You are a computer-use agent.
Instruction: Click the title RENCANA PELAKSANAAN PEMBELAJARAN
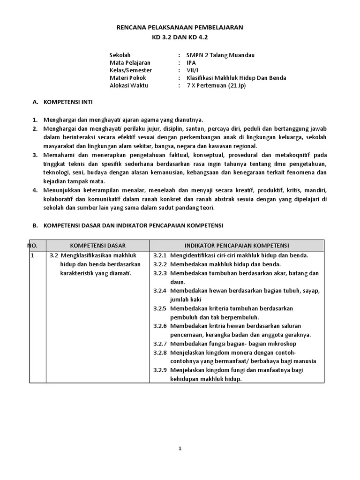(x=180, y=28)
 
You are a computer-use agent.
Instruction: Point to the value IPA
(x=191, y=63)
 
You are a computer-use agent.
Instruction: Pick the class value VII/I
(x=192, y=70)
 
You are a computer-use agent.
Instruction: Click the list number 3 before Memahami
(x=35, y=155)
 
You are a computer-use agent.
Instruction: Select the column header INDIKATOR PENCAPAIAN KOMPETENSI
(x=236, y=246)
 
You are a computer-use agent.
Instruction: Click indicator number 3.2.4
(x=160, y=291)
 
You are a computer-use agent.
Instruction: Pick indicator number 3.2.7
(x=160, y=344)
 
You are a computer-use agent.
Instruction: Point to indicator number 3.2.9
(x=160, y=370)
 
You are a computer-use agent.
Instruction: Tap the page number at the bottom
(x=180, y=448)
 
